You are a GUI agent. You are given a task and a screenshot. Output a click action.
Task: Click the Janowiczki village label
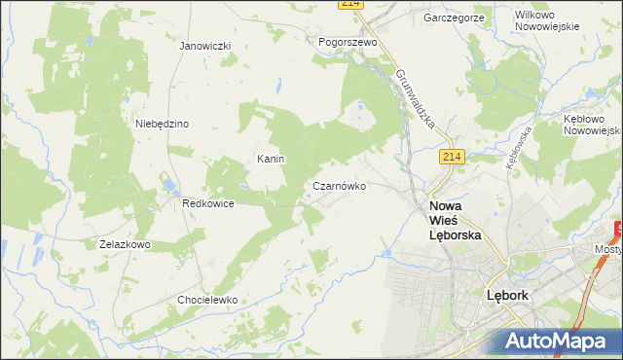[204, 46]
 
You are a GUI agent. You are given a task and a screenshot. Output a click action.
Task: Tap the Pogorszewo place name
[348, 42]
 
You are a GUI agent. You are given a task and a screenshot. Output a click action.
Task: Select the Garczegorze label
[454, 18]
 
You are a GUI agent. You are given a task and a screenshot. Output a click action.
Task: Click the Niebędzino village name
[162, 124]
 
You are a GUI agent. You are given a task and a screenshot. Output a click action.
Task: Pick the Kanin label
[270, 159]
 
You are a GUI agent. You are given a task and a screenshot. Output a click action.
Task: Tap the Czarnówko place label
[340, 186]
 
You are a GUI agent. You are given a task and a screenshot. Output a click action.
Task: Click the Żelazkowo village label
[125, 244]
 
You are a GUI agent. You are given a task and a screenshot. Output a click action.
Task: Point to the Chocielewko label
[207, 300]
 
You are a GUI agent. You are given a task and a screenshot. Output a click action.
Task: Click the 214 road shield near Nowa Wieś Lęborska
[451, 157]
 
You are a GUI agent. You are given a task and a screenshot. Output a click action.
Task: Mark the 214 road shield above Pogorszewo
[352, 4]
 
